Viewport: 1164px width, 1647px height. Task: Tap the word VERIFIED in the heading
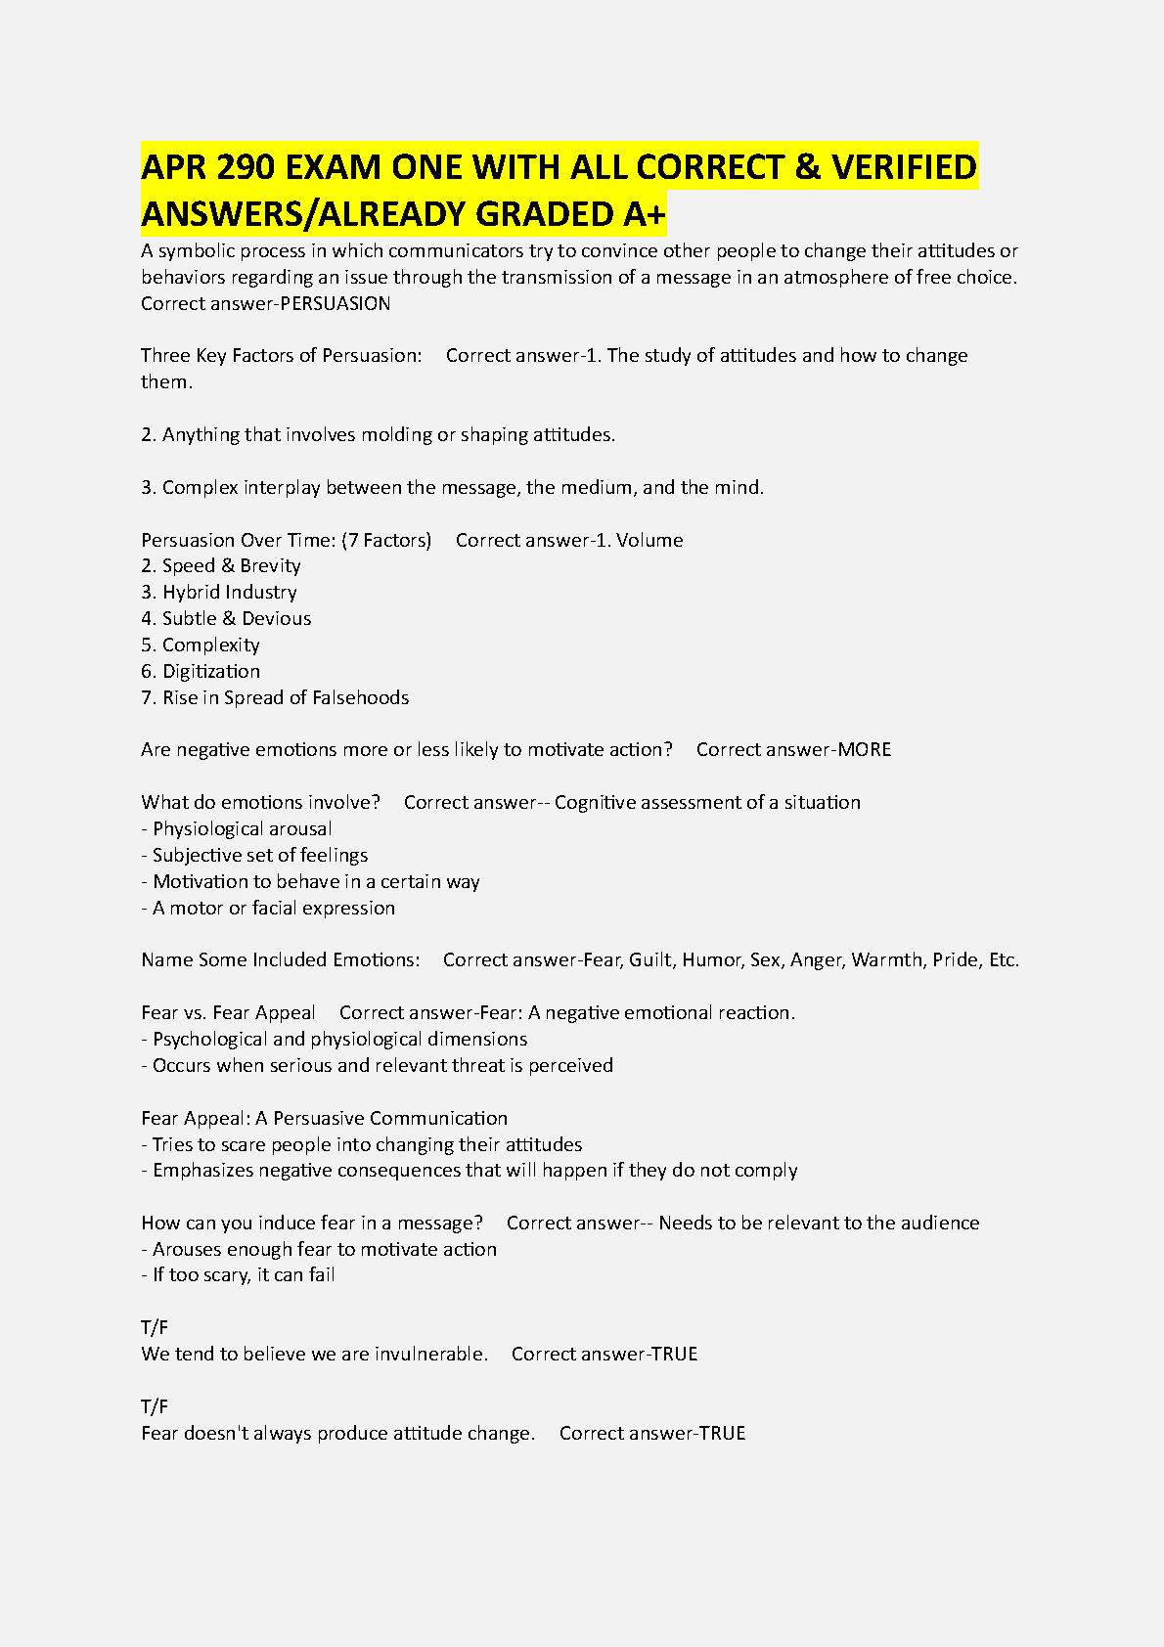[x=904, y=168]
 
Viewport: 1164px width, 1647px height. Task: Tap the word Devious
[x=277, y=618]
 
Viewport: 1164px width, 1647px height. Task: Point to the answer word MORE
[x=865, y=749]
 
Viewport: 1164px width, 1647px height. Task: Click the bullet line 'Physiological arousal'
[x=242, y=828]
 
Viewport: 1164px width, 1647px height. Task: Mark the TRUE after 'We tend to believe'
[x=674, y=1354]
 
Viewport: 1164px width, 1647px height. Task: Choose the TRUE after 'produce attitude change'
[x=722, y=1433]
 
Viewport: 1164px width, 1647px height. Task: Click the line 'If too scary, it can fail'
[x=244, y=1274]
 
